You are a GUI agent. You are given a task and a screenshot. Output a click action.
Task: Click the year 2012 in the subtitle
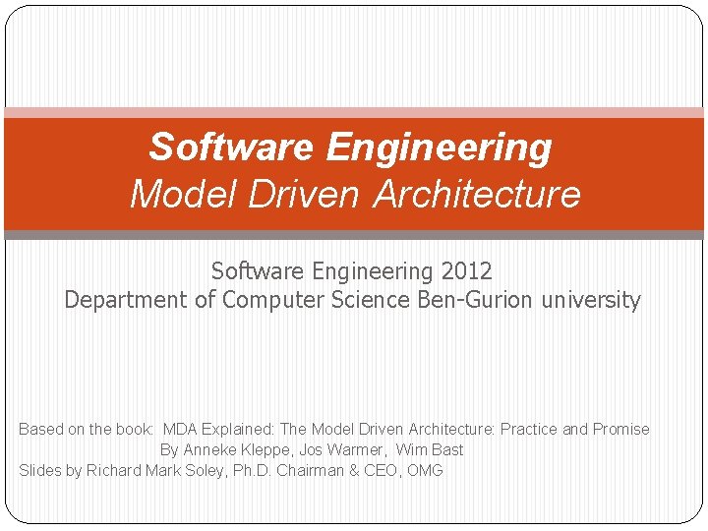(465, 270)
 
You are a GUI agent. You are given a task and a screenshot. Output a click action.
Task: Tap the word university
(592, 300)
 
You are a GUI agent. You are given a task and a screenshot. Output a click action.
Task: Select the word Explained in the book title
(238, 429)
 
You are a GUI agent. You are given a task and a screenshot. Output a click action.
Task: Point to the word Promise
(620, 429)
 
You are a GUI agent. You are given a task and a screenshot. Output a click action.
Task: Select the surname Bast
(447, 449)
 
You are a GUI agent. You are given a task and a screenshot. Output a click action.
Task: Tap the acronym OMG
(425, 470)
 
